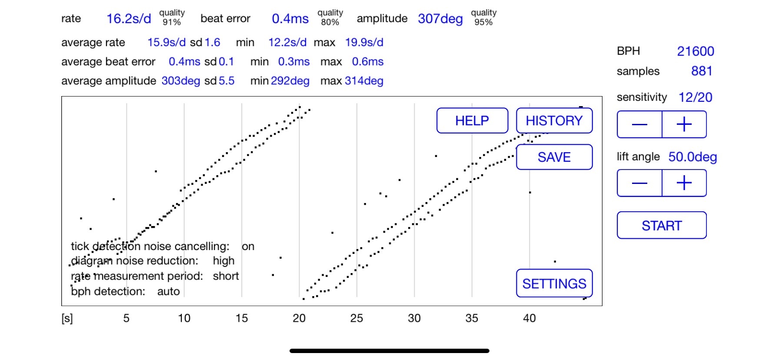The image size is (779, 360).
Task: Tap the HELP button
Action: click(x=472, y=120)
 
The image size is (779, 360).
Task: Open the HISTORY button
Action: click(x=554, y=120)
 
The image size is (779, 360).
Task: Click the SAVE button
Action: click(x=554, y=157)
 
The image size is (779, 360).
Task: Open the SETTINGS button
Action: click(x=554, y=283)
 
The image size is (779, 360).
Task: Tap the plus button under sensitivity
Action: click(x=684, y=124)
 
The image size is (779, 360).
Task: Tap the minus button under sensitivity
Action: click(x=639, y=124)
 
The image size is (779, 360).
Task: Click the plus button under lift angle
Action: click(x=684, y=183)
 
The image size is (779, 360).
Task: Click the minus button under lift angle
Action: click(x=639, y=183)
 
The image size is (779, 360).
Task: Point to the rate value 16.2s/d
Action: click(x=129, y=19)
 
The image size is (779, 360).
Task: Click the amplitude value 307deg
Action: click(x=440, y=19)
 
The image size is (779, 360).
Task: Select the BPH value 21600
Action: click(x=695, y=51)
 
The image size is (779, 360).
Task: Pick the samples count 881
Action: click(x=702, y=71)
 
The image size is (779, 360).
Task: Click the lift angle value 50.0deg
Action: click(x=692, y=157)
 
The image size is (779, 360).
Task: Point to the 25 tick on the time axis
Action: click(x=356, y=318)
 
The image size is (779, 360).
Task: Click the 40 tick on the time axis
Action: click(x=529, y=318)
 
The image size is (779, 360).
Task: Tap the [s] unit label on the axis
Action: click(x=67, y=318)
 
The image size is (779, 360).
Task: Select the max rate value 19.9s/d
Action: click(x=364, y=43)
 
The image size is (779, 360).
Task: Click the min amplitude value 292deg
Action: click(x=290, y=81)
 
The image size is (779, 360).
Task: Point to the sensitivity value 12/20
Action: click(x=695, y=97)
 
